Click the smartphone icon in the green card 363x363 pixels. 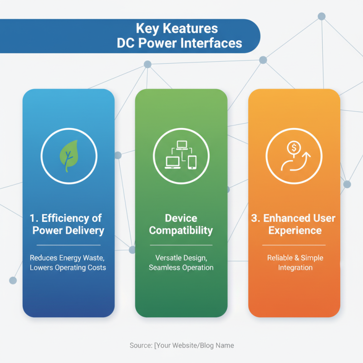click(192, 162)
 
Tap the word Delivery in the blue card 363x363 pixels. click(84, 231)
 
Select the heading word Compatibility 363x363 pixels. click(181, 231)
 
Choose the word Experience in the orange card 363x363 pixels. click(294, 231)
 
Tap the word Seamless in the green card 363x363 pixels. click(164, 267)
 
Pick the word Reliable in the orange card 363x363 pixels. click(280, 258)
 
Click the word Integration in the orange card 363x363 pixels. click(294, 268)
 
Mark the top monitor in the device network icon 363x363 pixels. click(182, 145)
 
